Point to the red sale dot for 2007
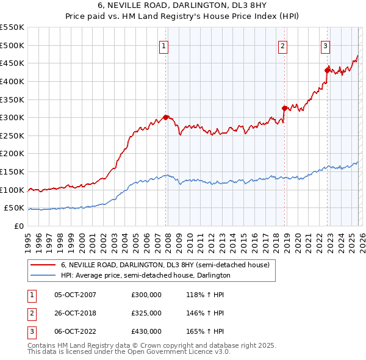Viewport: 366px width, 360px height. click(x=165, y=117)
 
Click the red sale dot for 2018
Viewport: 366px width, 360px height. click(x=284, y=109)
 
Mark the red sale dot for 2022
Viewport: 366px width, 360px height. click(x=327, y=71)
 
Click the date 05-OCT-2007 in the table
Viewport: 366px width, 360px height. click(x=75, y=295)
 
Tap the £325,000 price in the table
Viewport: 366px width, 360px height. click(x=146, y=313)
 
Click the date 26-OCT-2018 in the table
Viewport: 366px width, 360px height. click(x=75, y=313)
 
